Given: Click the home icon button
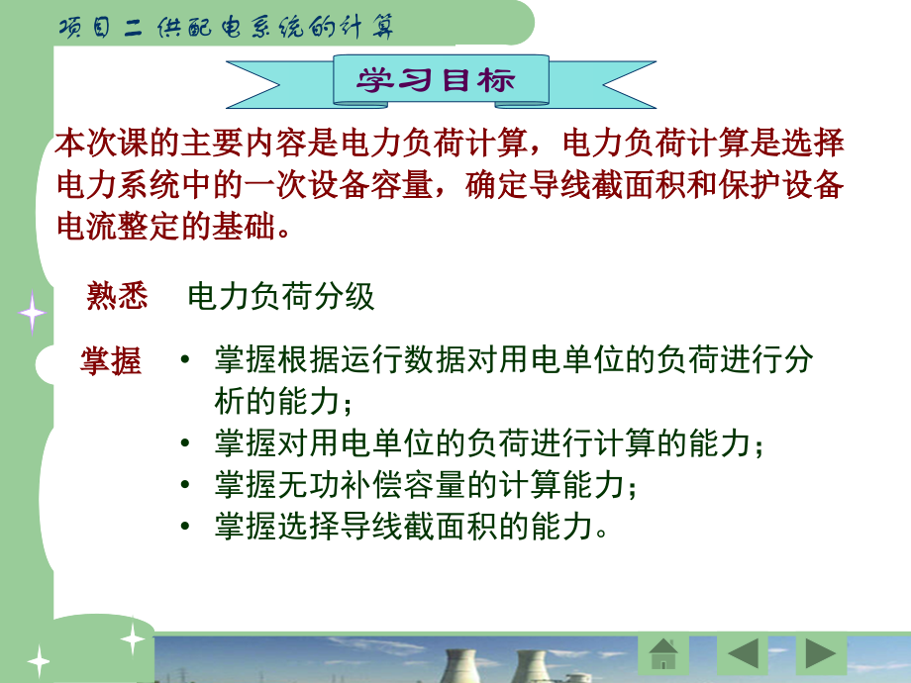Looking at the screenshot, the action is click(663, 654).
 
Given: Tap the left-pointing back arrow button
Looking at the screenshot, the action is click(743, 654).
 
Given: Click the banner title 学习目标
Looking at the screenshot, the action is click(436, 80).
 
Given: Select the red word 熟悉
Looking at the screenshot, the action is click(117, 296).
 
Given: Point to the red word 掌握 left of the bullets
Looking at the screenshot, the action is click(110, 360).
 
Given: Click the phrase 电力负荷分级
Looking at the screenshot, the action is click(280, 296).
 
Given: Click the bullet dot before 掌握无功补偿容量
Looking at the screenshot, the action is click(185, 484).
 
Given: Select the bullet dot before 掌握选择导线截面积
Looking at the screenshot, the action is click(185, 527).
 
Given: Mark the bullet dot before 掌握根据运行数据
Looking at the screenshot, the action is click(185, 359).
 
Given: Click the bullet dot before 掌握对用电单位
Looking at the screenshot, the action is click(185, 442).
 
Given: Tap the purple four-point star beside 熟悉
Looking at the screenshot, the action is click(32, 313).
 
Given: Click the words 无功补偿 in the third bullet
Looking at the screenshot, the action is click(341, 484).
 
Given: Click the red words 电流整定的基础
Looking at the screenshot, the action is click(166, 227).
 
